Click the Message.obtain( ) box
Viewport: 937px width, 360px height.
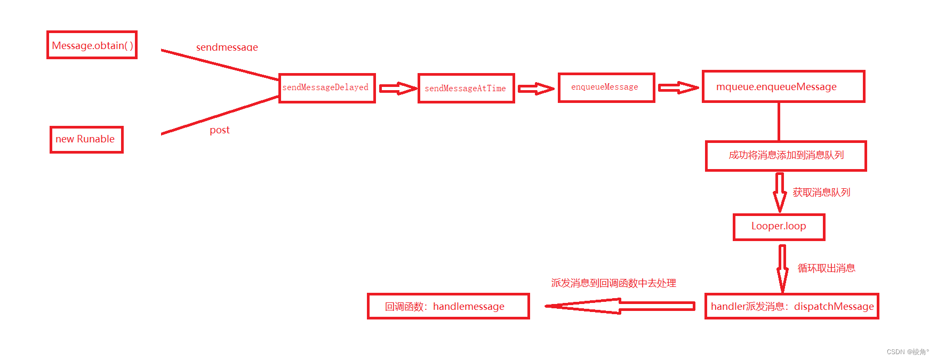tap(92, 45)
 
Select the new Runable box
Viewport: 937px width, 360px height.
tap(86, 139)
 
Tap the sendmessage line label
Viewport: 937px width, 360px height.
tap(227, 47)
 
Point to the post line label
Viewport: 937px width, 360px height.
tap(219, 130)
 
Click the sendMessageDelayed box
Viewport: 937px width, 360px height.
tap(326, 88)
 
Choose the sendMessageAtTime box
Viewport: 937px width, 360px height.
tap(466, 89)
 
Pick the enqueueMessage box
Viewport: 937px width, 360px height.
tap(606, 87)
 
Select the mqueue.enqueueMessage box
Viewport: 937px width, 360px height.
tap(783, 86)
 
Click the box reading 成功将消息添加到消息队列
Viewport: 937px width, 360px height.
tap(786, 156)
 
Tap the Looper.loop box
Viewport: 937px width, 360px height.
tap(779, 227)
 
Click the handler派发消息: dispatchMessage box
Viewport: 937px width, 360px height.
tap(791, 306)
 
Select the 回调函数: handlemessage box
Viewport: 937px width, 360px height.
tap(448, 306)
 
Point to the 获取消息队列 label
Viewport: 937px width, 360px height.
tap(821, 193)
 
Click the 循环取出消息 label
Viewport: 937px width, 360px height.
tap(826, 268)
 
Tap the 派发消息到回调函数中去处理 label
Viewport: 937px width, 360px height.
tap(613, 283)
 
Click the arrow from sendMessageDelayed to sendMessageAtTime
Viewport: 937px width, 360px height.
tap(397, 89)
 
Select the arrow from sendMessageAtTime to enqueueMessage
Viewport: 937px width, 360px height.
tap(536, 89)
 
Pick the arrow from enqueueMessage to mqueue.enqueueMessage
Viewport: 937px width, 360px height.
tap(678, 88)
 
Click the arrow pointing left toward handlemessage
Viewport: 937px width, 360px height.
tap(619, 306)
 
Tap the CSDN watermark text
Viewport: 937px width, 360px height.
tap(907, 352)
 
